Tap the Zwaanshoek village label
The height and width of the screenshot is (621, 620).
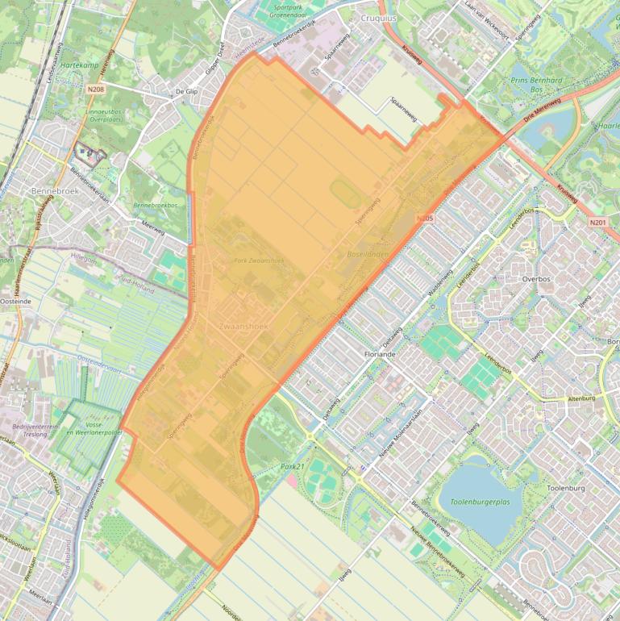click(x=243, y=327)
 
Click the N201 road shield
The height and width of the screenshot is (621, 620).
click(x=597, y=223)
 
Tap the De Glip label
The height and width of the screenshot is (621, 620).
click(x=186, y=92)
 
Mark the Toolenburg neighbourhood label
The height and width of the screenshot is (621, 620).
click(x=564, y=489)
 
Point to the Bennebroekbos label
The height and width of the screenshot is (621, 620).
click(x=156, y=206)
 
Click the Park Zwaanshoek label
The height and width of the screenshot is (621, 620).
click(x=258, y=260)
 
